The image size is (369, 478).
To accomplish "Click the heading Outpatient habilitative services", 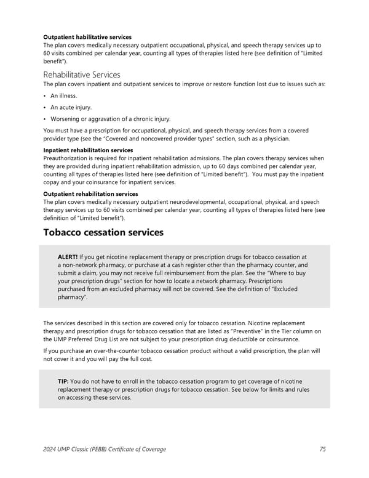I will pyautogui.click(x=87, y=38).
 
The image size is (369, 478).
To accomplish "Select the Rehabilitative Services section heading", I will pyautogui.click(x=81, y=75).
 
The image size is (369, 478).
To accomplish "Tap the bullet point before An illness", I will pyautogui.click(x=45, y=96).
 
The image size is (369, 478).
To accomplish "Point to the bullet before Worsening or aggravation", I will pyautogui.click(x=45, y=119).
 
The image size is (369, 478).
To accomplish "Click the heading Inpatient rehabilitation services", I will pyautogui.click(x=88, y=150).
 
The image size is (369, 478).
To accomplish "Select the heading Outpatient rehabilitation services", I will pyautogui.click(x=90, y=194).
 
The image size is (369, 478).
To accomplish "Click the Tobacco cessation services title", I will pyautogui.click(x=103, y=232).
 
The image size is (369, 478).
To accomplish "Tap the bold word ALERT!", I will pyautogui.click(x=67, y=256).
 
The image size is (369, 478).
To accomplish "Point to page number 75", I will pyautogui.click(x=323, y=449).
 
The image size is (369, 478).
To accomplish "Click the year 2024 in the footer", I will pyautogui.click(x=51, y=449).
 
